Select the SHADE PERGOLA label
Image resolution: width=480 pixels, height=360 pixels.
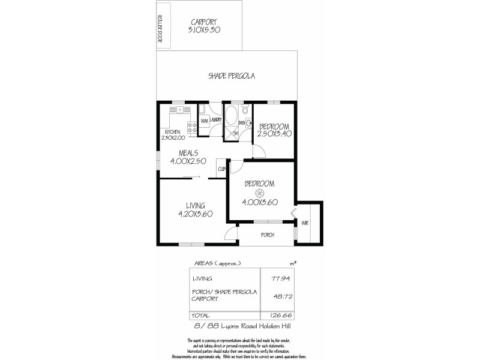point(232,76)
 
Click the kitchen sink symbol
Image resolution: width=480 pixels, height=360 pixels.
point(179,110)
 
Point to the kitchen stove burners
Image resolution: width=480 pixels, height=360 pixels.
point(193,127)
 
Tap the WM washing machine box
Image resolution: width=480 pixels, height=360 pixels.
point(204,121)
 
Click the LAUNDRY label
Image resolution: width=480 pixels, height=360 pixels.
point(216,121)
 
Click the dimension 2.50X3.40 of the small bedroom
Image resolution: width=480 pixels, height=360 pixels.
point(274,134)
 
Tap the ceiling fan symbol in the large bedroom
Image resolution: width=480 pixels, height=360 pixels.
point(260,193)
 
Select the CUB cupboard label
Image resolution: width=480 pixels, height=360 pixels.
point(221,169)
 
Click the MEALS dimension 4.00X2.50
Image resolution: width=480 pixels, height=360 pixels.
point(188,161)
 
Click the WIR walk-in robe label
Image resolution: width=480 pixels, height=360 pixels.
point(304,223)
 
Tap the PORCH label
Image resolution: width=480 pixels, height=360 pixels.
point(267,235)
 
